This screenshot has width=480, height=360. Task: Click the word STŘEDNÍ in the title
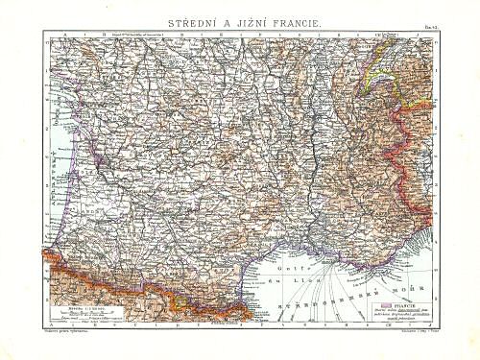coord(183,17)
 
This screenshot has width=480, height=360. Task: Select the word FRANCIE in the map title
coord(298,17)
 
